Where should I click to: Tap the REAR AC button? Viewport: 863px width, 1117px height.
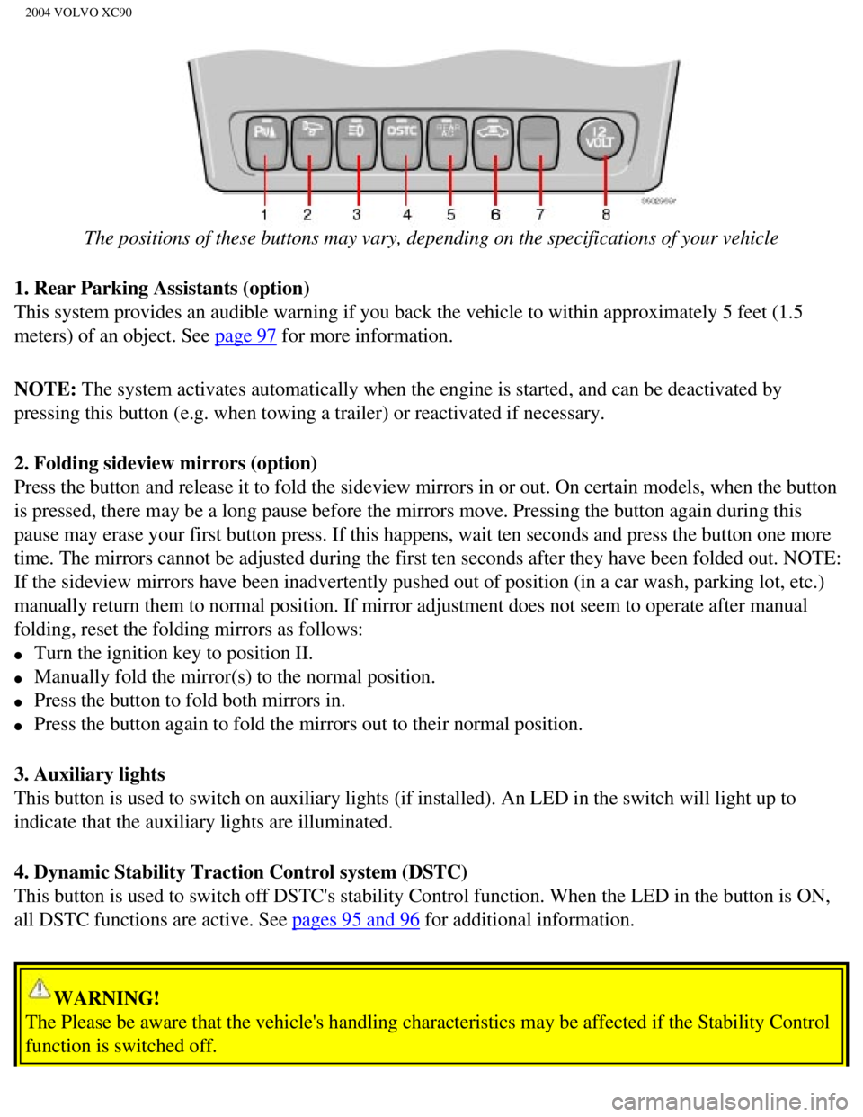pos(448,143)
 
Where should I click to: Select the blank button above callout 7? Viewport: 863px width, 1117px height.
pos(538,143)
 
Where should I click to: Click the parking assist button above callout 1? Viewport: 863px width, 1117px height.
pos(266,143)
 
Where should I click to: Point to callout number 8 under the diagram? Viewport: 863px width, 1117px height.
pos(606,214)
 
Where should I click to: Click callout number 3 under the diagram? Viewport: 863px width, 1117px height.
pos(357,214)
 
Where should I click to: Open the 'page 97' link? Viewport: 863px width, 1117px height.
pos(245,336)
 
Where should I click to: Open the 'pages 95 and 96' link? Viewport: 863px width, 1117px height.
pos(355,920)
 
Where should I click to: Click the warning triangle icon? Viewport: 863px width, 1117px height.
pos(40,988)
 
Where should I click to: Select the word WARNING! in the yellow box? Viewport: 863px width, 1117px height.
pos(107,997)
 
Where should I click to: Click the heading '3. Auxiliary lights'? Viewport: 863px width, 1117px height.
pos(90,774)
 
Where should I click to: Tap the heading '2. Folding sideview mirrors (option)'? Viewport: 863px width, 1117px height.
pos(165,463)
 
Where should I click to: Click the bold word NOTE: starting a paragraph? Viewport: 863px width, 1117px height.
pos(46,389)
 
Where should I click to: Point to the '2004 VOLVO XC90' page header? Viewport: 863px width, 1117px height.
pos(78,13)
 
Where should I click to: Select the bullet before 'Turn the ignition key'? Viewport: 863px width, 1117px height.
pos(18,655)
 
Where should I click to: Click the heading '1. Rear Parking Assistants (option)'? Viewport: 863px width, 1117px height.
pos(162,288)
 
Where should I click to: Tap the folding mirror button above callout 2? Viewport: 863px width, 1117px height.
pos(311,143)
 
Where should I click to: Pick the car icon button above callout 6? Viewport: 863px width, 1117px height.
pos(494,143)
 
